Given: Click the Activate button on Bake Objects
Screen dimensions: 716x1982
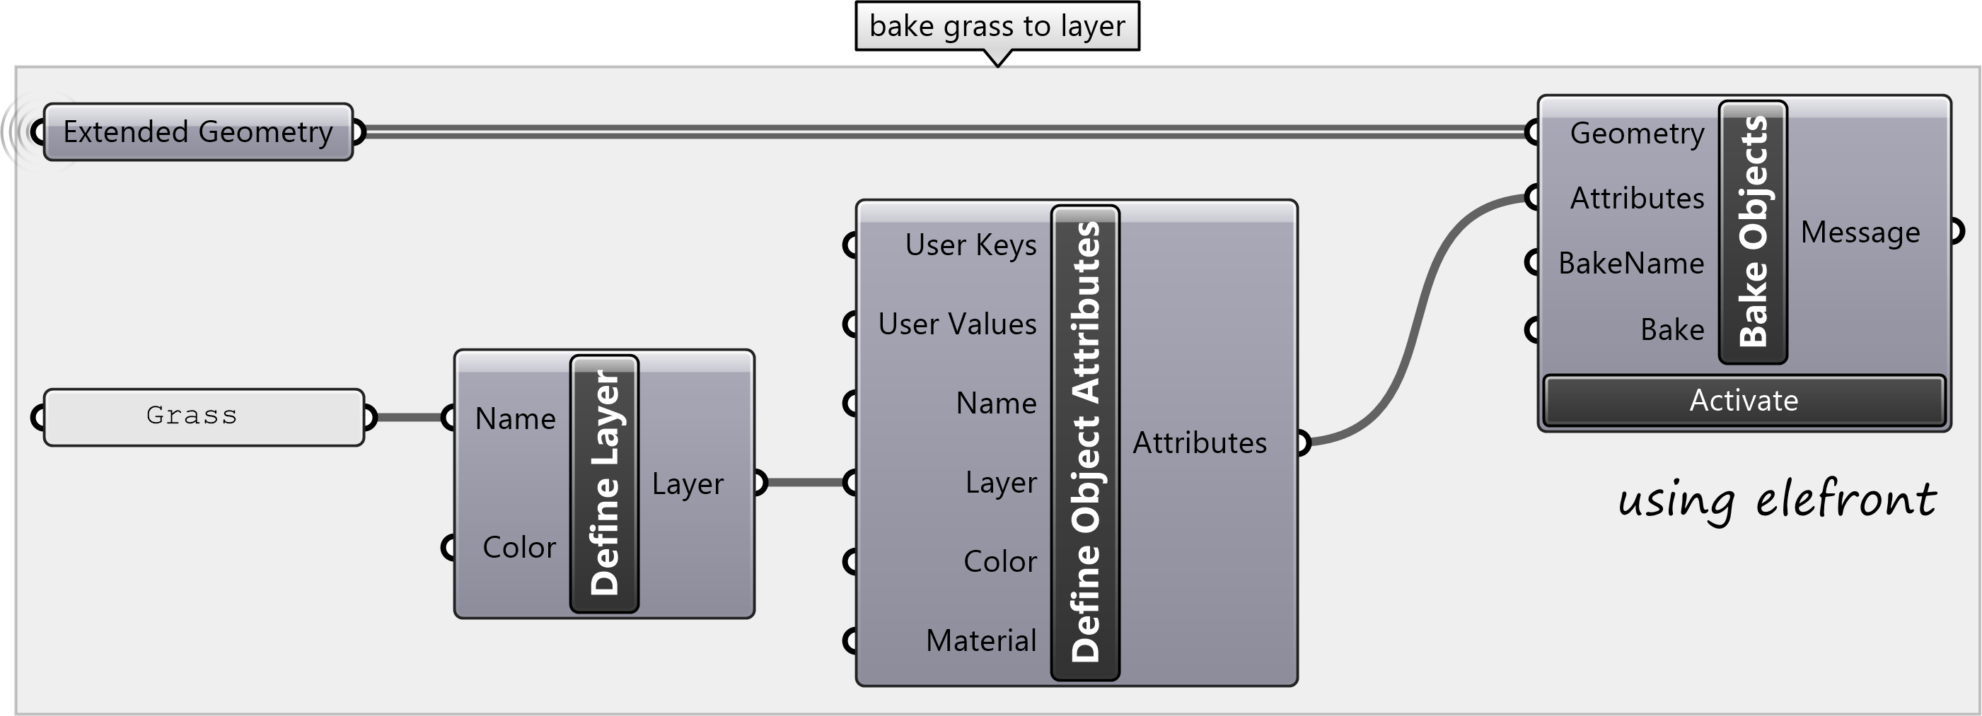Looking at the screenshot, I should pyautogui.click(x=1744, y=401).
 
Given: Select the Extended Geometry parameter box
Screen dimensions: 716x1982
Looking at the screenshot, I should pyautogui.click(x=198, y=132).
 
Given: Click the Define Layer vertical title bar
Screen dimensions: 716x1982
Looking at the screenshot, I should pyautogui.click(x=605, y=483).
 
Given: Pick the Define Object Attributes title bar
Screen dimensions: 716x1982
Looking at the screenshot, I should pyautogui.click(x=1085, y=442).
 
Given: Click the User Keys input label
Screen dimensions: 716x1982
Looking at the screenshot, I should pyautogui.click(x=970, y=245).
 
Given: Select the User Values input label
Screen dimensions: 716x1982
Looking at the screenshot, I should pyautogui.click(x=957, y=324).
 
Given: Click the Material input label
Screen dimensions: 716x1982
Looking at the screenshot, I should pyautogui.click(x=981, y=640).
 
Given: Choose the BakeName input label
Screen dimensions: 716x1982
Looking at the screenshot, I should pyautogui.click(x=1631, y=264).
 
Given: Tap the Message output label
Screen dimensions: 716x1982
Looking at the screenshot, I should pyautogui.click(x=1860, y=233).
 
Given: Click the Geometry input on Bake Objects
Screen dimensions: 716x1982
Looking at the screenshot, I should pyautogui.click(x=1637, y=134).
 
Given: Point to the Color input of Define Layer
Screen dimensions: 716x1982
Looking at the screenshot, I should pyautogui.click(x=518, y=548).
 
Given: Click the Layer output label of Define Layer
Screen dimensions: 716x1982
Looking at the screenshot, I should pyautogui.click(x=687, y=483).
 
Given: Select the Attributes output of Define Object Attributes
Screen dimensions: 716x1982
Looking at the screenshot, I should pyautogui.click(x=1200, y=443).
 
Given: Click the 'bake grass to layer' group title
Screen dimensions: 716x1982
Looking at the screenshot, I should pyautogui.click(x=997, y=26).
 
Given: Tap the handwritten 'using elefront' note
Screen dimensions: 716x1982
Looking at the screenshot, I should pyautogui.click(x=1777, y=500).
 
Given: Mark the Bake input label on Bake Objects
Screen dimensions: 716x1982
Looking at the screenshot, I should pyautogui.click(x=1672, y=330).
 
